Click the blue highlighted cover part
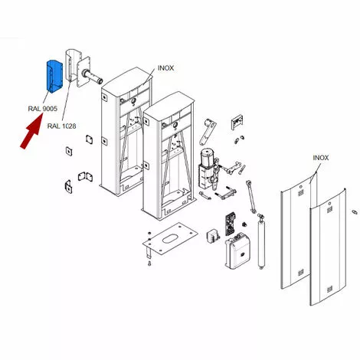[54, 77]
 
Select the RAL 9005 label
[43, 109]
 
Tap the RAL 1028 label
[62, 126]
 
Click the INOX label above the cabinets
[165, 68]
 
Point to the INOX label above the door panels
[321, 158]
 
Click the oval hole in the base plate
[169, 239]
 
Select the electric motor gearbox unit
[209, 169]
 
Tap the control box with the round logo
[237, 251]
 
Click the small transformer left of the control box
[213, 236]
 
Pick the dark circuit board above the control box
[230, 224]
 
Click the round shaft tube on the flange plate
[92, 77]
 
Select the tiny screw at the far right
[355, 212]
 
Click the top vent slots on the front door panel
[330, 210]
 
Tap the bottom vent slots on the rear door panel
[301, 273]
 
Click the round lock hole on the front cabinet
[175, 126]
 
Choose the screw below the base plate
[149, 263]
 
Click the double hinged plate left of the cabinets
[85, 176]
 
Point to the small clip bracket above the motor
[237, 123]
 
